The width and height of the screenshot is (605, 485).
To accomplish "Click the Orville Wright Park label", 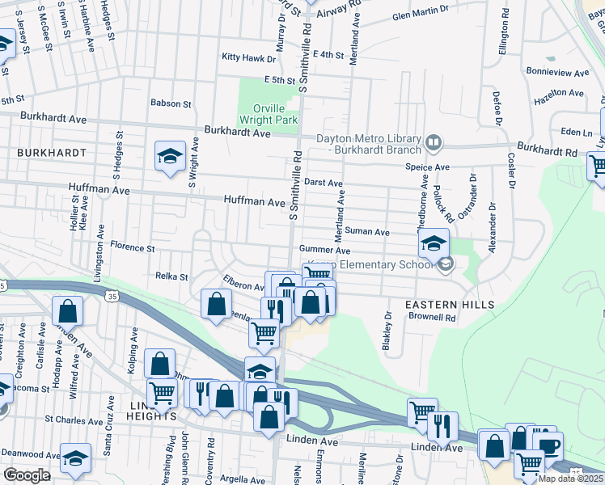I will click(268, 112).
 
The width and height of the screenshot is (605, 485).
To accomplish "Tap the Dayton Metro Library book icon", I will click(434, 143).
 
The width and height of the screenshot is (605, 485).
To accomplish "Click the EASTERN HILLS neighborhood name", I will click(450, 304).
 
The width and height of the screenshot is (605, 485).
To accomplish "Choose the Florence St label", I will click(133, 247).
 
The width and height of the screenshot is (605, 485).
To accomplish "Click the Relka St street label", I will click(171, 276).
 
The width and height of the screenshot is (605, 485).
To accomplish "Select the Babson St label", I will click(171, 103).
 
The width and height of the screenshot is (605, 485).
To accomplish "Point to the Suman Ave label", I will click(367, 231).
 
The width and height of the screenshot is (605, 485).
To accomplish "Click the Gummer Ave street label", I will click(324, 251).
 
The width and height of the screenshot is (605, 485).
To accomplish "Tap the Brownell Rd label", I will click(433, 318).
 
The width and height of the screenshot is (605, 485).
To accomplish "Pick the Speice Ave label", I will click(427, 167).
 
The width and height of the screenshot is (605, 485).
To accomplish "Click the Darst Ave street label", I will click(324, 183).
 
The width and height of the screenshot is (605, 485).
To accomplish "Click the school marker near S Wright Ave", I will click(171, 156).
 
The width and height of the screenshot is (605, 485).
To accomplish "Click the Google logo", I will click(27, 475).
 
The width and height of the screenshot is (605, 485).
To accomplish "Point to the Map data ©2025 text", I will click(570, 479).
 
